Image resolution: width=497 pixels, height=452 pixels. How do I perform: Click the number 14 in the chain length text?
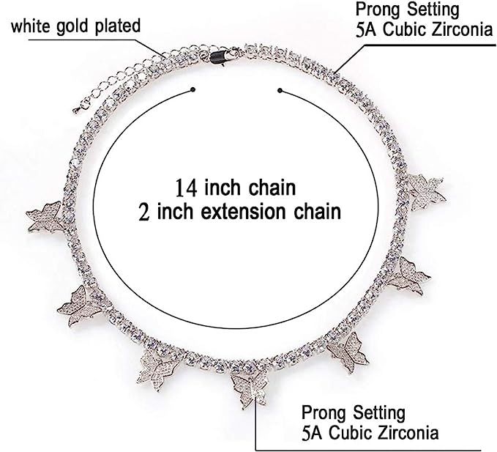coord(187,188)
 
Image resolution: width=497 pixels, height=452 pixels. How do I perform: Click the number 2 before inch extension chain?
coord(144,212)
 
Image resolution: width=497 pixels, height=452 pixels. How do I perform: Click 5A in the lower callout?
coord(313,433)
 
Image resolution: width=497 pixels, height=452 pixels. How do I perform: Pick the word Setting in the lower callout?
coord(379,413)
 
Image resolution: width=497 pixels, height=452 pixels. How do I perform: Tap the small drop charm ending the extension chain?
coord(76,110)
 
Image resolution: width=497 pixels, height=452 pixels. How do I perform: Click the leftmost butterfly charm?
coord(46,217)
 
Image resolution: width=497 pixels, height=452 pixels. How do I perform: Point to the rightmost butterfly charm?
coord(427,192)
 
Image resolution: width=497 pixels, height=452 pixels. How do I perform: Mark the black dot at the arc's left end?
coord(193,89)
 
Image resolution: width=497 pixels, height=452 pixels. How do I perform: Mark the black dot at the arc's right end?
coord(280,90)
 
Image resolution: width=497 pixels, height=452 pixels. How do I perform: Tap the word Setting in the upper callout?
coord(433,10)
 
